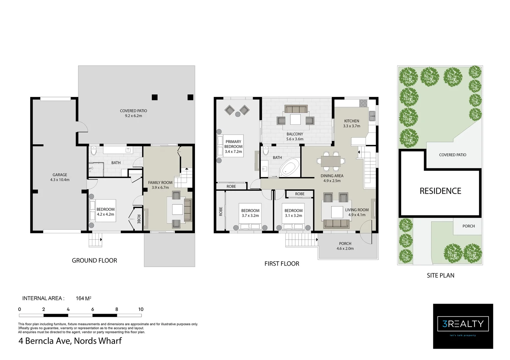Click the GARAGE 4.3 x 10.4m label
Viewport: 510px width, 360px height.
click(x=60, y=177)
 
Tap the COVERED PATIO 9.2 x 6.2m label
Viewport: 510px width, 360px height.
click(x=134, y=113)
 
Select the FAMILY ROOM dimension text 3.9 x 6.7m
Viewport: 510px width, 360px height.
click(x=160, y=188)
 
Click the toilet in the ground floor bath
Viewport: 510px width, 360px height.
click(x=94, y=151)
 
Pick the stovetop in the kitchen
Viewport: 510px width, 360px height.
click(x=363, y=103)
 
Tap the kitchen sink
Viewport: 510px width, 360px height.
click(x=372, y=116)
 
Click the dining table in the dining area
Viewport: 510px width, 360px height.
click(x=331, y=161)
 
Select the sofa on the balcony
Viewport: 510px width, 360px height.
click(x=296, y=109)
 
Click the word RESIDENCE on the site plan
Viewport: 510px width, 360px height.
click(x=440, y=191)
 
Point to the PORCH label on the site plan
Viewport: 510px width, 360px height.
click(x=469, y=226)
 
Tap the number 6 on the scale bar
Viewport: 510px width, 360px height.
click(x=92, y=309)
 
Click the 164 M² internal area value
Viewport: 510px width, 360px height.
click(x=84, y=298)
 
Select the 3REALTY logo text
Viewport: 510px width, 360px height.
click(x=463, y=324)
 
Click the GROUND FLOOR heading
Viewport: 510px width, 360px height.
click(x=95, y=260)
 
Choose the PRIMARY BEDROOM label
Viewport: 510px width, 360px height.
click(x=234, y=144)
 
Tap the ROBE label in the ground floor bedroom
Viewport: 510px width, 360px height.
click(x=139, y=219)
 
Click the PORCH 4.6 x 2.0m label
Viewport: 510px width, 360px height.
click(x=345, y=246)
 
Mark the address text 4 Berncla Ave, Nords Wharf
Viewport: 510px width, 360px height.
click(x=70, y=341)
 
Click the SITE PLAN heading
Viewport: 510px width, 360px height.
click(x=441, y=275)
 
